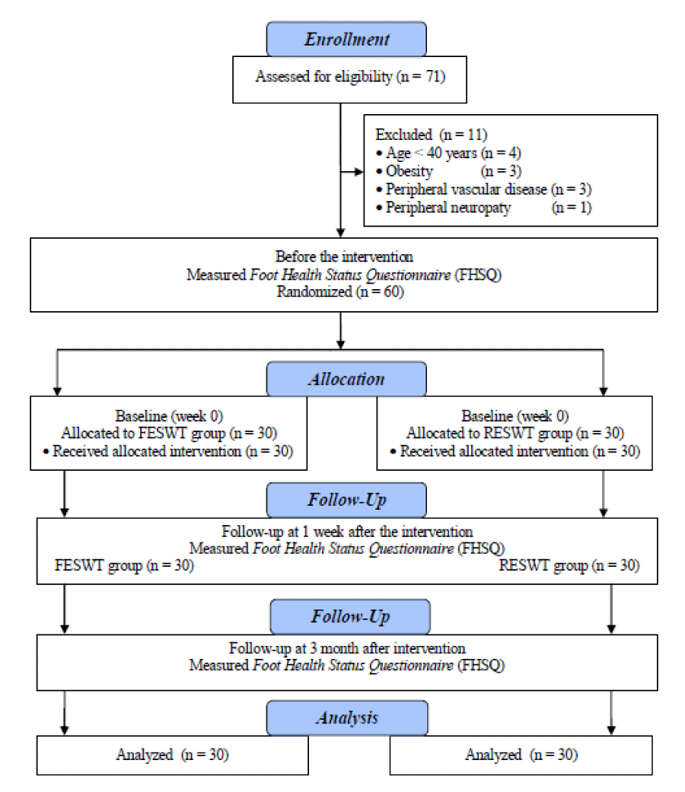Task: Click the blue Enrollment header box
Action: click(x=346, y=39)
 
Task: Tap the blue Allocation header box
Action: click(x=346, y=379)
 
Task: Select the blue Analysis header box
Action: click(x=347, y=717)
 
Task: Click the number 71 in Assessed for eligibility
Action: click(x=433, y=76)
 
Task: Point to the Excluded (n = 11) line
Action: click(x=431, y=135)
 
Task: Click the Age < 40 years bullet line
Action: click(x=448, y=152)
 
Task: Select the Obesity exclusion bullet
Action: click(x=448, y=170)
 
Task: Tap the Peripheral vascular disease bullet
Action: click(x=484, y=189)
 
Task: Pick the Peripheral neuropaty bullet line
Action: click(x=484, y=207)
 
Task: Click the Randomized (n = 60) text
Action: click(x=340, y=291)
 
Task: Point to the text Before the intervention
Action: click(x=344, y=256)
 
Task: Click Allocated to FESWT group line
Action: click(x=169, y=433)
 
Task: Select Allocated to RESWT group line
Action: click(x=515, y=433)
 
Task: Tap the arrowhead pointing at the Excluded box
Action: click(x=358, y=172)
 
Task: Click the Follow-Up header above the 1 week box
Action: click(x=346, y=500)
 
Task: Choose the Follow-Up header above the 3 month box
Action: click(x=350, y=616)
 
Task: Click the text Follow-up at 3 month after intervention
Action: click(x=347, y=648)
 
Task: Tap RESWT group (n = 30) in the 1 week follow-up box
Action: click(x=569, y=565)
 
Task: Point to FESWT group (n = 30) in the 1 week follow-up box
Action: click(x=124, y=565)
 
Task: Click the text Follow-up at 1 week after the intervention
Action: click(x=347, y=531)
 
